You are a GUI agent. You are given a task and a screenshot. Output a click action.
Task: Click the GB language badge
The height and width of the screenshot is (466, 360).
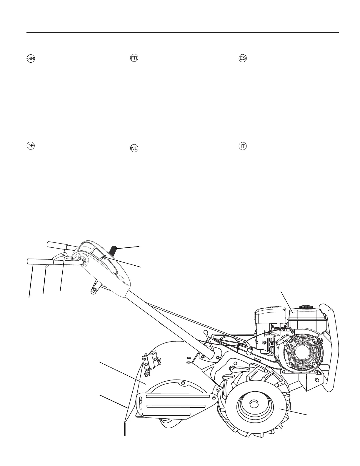click(31, 59)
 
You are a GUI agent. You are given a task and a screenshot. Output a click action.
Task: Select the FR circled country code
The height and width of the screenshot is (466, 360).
click(134, 58)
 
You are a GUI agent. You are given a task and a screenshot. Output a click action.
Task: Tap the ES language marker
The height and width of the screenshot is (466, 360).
click(242, 58)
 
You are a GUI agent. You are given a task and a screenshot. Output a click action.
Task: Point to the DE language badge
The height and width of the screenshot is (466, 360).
click(31, 146)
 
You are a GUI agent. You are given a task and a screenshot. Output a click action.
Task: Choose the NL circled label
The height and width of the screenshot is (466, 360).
click(134, 149)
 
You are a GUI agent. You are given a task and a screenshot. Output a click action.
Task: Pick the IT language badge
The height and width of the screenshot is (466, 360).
click(242, 146)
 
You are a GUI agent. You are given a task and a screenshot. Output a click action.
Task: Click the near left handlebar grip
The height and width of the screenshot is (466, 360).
click(39, 261)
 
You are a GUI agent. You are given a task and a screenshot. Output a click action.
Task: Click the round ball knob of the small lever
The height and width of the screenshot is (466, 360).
click(206, 332)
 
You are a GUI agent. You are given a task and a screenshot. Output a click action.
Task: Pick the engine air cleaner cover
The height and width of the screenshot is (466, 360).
click(271, 314)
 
